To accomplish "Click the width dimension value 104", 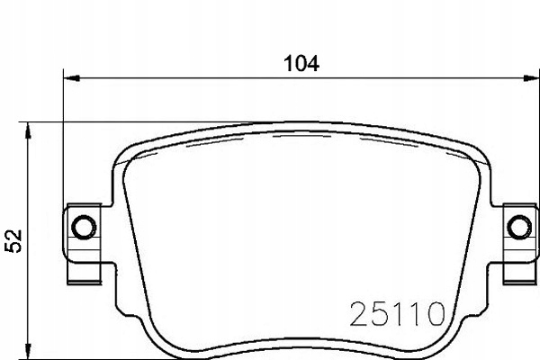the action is tap(301, 64).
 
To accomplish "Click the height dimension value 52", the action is tap(13, 241).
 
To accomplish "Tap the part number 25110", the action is tap(397, 313).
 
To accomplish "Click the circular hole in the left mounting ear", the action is tap(84, 227).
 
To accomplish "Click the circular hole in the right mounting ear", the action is tap(519, 227).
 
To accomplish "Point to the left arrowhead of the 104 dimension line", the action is tap(72, 78).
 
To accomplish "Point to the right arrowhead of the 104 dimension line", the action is tap(531, 78).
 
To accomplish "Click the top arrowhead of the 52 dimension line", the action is tap(28, 130).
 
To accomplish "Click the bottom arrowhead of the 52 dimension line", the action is tap(28, 351).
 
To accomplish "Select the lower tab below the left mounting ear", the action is tap(85, 274).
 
